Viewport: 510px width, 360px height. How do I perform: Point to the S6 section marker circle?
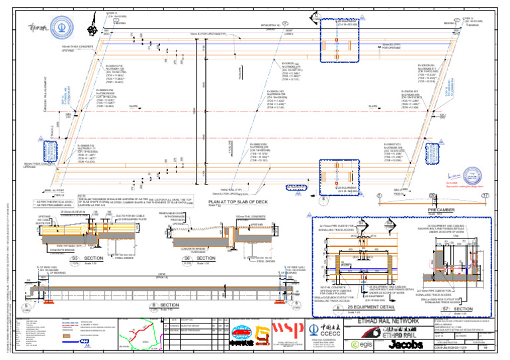pyautogui.click(x=187, y=258)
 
